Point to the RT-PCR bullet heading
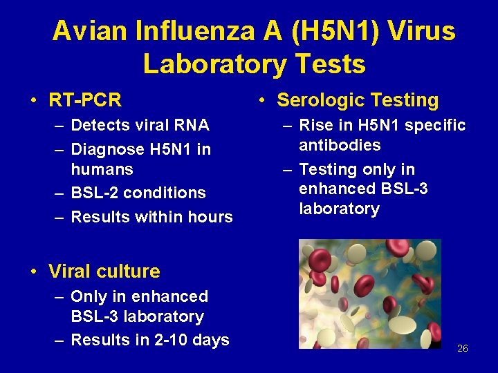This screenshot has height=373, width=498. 85,100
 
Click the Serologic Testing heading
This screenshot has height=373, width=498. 358,100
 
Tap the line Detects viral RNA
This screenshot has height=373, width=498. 140,125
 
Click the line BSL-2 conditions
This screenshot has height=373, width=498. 138,193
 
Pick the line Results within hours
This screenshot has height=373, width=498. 151,217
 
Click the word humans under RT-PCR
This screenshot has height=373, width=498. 102,169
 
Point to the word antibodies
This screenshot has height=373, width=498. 340,145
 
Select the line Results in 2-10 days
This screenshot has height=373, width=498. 150,340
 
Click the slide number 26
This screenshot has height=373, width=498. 463,348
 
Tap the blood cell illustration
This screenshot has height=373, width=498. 369,294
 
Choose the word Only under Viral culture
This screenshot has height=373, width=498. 89,296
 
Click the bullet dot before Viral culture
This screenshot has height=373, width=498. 34,272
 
